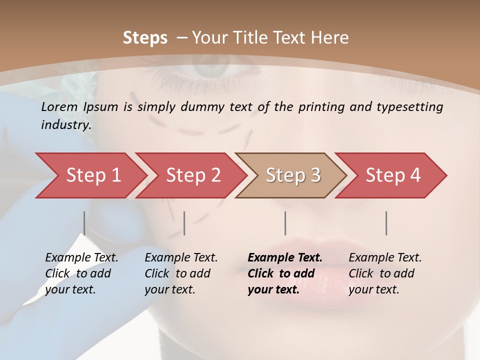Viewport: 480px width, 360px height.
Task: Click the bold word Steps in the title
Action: pos(145,38)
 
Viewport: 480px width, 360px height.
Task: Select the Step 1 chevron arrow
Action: pos(90,175)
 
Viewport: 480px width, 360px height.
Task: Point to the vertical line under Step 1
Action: pos(84,223)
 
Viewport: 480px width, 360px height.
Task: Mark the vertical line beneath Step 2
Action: pos(184,223)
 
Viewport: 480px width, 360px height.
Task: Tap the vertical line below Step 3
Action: pos(285,223)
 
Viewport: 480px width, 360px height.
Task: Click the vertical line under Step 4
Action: pos(386,223)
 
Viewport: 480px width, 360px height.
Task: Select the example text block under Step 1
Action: pos(81,273)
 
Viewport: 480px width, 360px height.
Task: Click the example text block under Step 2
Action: pos(181,273)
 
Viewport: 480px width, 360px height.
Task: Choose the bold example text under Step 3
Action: pos(285,273)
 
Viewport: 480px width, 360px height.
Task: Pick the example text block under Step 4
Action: pos(385,273)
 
